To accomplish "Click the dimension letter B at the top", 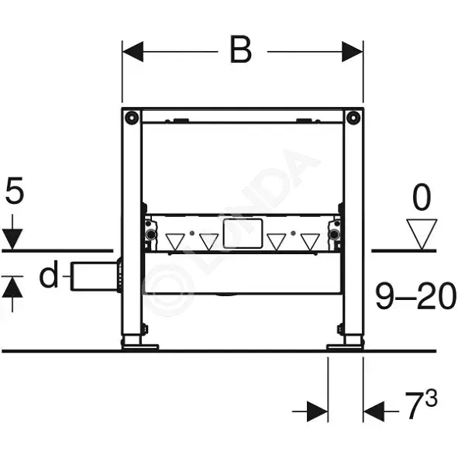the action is [241, 50].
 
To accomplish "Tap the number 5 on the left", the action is [15, 190].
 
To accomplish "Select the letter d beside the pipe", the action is [49, 274].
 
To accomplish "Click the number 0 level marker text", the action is [422, 197].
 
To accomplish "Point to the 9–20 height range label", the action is [415, 295].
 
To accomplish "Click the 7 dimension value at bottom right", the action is [415, 405].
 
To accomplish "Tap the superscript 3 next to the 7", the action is [432, 398].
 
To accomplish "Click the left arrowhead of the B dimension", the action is [133, 52].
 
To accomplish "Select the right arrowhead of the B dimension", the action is [353, 52].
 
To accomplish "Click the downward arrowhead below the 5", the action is [12, 239].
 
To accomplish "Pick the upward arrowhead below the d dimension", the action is [12, 288].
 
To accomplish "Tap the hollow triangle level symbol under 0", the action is [422, 234].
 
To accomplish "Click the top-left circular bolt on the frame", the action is [132, 118].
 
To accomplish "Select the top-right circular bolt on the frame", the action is [353, 118].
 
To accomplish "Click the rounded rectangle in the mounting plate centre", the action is [243, 234].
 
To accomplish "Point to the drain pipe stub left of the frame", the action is [94, 277].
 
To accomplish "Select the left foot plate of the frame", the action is [140, 347].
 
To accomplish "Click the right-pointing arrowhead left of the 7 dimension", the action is [317, 412].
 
